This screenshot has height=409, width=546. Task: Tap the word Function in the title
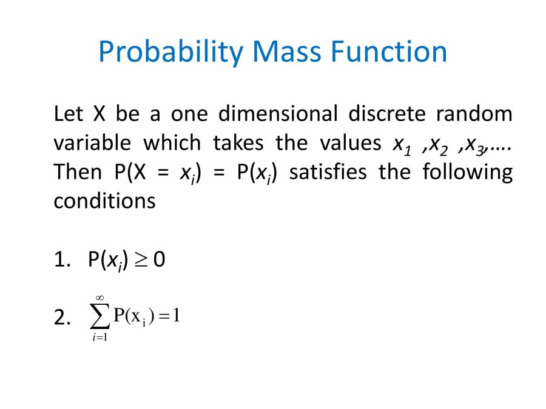tap(389, 52)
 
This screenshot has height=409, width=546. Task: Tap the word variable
tap(92, 143)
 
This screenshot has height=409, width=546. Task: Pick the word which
tap(172, 143)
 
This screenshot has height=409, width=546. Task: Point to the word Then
tap(78, 172)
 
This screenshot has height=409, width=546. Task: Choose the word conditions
tap(104, 201)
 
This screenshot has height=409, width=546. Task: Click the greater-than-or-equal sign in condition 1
tap(140, 260)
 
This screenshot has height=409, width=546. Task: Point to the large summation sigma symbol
tap(100, 316)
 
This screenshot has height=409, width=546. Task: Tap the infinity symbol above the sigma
tap(100, 296)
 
